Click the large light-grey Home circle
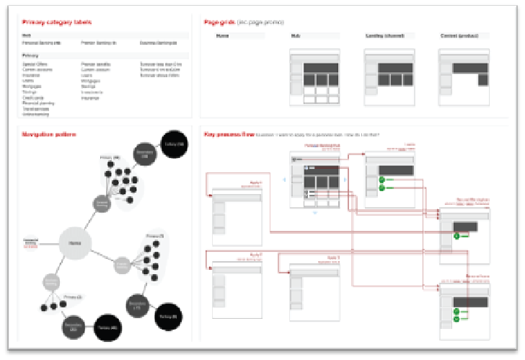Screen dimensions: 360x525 click(74, 245)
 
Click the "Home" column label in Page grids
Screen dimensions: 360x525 click(224, 35)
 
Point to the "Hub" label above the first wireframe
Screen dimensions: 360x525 click(296, 35)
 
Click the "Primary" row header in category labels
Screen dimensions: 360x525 click(30, 55)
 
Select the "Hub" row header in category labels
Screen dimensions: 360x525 click(26, 35)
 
